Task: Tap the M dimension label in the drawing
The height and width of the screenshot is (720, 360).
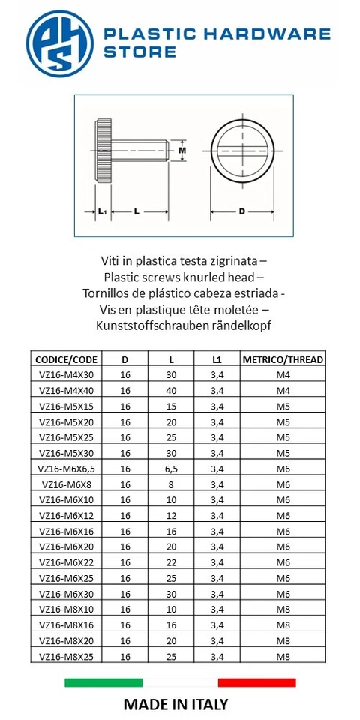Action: click(182, 150)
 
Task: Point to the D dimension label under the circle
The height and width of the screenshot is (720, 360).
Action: click(241, 211)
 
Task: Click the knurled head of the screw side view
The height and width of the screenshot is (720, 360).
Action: click(103, 150)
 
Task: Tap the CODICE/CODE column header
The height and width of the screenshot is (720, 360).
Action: click(66, 359)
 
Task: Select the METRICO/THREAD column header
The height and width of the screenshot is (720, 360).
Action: click(283, 359)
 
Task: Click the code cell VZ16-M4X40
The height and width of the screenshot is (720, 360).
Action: click(66, 390)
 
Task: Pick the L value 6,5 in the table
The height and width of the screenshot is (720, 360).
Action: click(171, 469)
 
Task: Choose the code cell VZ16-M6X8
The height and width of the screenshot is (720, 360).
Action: click(66, 484)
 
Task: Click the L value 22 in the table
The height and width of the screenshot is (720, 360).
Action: click(171, 562)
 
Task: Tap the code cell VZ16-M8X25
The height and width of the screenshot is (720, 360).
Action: click(66, 656)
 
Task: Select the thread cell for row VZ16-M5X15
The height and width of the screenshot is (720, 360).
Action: click(283, 406)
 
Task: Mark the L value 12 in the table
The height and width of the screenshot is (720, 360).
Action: click(171, 515)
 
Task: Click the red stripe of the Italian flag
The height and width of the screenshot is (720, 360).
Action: click(256, 682)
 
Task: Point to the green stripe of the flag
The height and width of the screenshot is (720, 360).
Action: click(103, 682)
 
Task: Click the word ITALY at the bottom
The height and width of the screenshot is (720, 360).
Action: click(205, 704)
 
